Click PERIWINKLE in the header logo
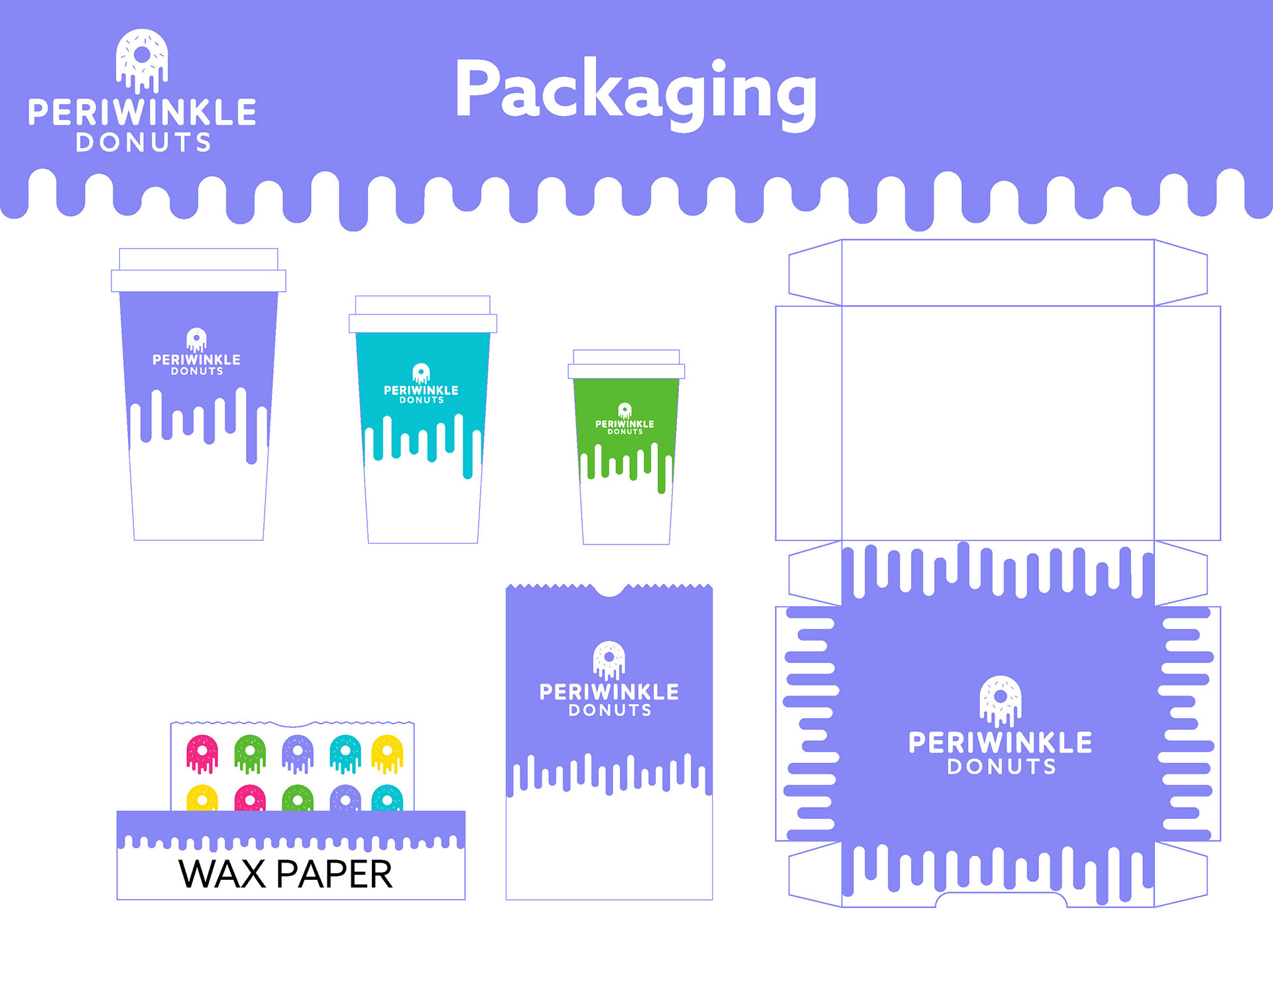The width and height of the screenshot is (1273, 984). click(142, 113)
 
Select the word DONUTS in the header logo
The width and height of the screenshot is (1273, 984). click(143, 143)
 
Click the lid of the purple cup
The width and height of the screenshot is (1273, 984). click(198, 271)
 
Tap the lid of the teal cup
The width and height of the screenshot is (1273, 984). click(422, 315)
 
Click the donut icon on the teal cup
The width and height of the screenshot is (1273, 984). click(421, 373)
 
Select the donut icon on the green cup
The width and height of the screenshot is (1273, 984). click(625, 410)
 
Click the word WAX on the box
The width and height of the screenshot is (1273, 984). click(221, 874)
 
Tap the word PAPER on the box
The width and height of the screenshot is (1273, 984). click(334, 874)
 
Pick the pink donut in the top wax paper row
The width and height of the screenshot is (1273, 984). click(202, 754)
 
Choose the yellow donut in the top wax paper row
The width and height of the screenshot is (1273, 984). click(387, 754)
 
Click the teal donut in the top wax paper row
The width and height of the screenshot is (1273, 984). click(345, 754)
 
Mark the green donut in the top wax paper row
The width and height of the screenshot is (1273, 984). click(250, 754)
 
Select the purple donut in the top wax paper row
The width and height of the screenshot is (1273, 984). click(298, 754)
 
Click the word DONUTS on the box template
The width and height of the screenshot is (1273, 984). click(1001, 767)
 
